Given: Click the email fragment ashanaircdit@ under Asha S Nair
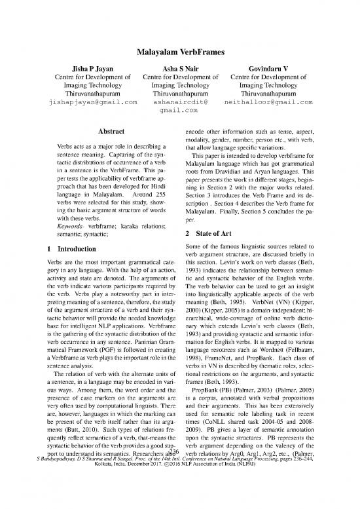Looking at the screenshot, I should click(x=181, y=102).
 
